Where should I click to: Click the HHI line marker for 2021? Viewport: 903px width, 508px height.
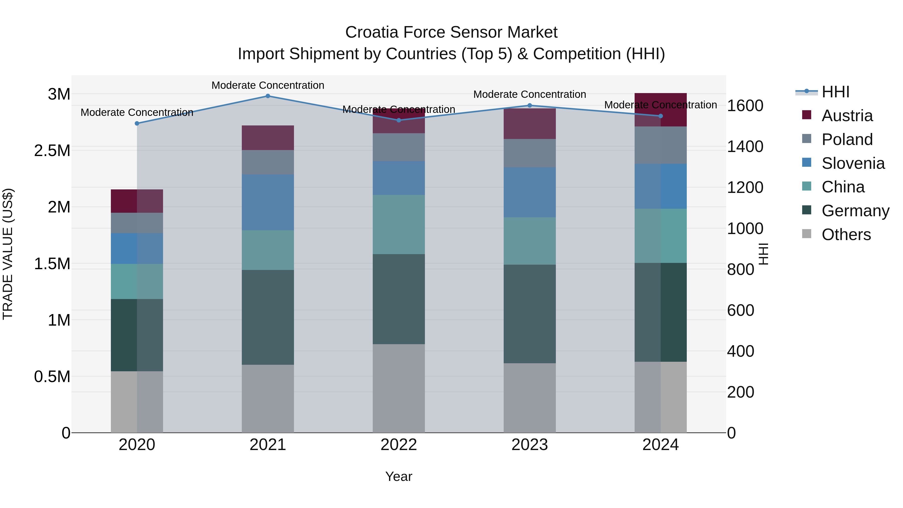(268, 96)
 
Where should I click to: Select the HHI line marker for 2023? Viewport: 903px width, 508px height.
(530, 106)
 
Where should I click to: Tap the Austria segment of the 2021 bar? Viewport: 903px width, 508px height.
(268, 138)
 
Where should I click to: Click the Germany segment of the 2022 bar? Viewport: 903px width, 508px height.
(399, 299)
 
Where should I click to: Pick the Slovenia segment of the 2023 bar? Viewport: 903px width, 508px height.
(530, 192)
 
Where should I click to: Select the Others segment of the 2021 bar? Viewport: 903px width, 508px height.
(268, 399)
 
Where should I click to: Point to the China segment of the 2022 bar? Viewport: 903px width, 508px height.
(399, 224)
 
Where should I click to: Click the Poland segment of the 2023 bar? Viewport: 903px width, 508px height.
(530, 153)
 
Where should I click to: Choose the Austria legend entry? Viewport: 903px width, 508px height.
(847, 116)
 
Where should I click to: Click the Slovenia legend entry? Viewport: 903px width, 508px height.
(853, 163)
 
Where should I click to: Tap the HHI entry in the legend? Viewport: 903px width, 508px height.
(835, 92)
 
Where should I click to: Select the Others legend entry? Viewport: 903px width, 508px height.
(846, 235)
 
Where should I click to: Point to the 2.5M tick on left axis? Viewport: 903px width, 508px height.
(52, 151)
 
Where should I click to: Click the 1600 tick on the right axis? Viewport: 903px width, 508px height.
(745, 106)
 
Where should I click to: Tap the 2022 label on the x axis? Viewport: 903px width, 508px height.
(399, 445)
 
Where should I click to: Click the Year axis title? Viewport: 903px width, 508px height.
(399, 476)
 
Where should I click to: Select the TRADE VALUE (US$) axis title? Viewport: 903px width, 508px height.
(8, 254)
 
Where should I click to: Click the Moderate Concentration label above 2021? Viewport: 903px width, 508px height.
(268, 85)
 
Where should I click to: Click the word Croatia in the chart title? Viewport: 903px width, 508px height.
(371, 32)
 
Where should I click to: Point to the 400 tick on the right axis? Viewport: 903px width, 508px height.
(740, 351)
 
